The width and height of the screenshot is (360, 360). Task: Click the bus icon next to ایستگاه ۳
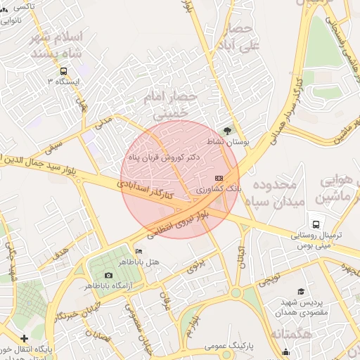tap(64, 72)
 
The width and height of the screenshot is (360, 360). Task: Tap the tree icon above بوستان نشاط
tap(226, 130)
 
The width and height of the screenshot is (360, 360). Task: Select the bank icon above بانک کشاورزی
tap(219, 179)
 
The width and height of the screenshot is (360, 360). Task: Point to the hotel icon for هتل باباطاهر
tap(139, 252)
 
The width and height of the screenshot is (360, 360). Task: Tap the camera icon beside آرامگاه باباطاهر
tap(108, 275)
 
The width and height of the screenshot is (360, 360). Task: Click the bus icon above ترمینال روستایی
tap(316, 224)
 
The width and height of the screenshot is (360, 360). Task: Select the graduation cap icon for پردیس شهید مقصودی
tap(300, 291)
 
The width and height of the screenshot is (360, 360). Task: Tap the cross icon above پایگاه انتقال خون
tap(25, 338)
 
